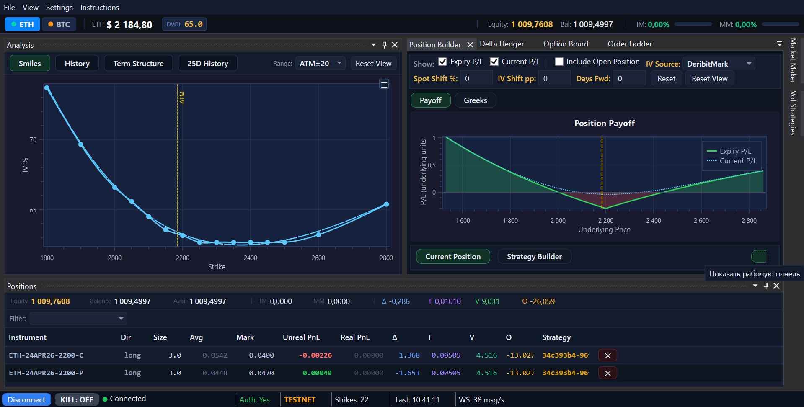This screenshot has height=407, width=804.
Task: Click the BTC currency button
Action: coord(59,24)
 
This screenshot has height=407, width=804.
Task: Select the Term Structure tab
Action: coord(138,63)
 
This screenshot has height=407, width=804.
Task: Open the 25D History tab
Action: coord(208,63)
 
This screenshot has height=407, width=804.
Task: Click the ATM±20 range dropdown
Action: coord(321,63)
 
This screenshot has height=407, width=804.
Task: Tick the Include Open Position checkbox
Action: coord(559,62)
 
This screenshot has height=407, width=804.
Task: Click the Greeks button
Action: coord(475,100)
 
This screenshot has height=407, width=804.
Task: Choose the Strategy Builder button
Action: coord(534,256)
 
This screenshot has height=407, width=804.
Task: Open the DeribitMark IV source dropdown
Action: coord(719,64)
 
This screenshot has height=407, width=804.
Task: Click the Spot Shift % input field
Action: coord(476,78)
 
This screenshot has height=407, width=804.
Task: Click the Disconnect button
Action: coord(26,399)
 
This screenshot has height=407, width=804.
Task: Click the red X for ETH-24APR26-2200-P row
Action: coord(608,373)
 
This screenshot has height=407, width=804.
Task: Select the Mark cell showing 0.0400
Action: coord(261,355)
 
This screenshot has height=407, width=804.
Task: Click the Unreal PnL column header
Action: coord(301,337)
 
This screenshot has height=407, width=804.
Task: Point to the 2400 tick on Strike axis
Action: coord(251,258)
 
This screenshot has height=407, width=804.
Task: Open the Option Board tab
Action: coord(566,44)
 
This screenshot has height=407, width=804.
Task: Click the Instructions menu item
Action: coord(100,8)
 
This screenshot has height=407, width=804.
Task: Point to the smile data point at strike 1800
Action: coord(47,88)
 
